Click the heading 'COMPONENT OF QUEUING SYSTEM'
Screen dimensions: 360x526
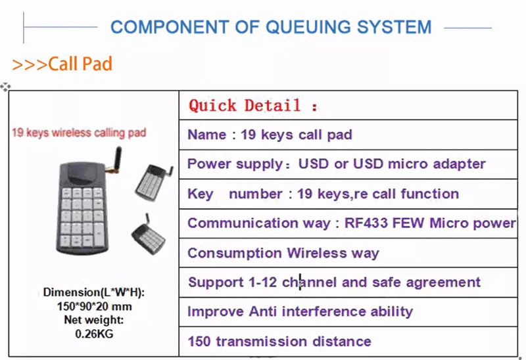click(x=271, y=27)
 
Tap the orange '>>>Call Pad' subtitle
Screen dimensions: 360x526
click(x=62, y=64)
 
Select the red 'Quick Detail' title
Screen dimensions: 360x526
click(x=253, y=106)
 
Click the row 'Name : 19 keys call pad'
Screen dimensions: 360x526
click(x=270, y=135)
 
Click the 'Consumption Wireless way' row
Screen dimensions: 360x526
click(x=283, y=253)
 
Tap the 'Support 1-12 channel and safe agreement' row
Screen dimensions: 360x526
click(x=334, y=282)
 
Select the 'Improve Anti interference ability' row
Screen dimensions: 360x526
click(x=300, y=311)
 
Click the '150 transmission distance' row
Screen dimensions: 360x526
click(x=279, y=342)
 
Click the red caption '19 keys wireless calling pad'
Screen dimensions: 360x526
click(x=79, y=133)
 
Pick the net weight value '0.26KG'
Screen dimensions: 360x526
click(x=93, y=333)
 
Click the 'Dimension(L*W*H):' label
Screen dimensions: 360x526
click(x=93, y=292)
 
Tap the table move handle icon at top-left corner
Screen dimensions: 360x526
click(x=6, y=87)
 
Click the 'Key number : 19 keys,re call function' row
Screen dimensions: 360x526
click(x=323, y=194)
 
